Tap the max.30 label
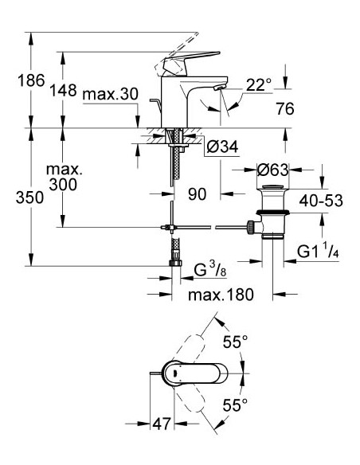click(x=111, y=96)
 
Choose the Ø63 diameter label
click(x=272, y=169)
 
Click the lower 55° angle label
click(x=233, y=406)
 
